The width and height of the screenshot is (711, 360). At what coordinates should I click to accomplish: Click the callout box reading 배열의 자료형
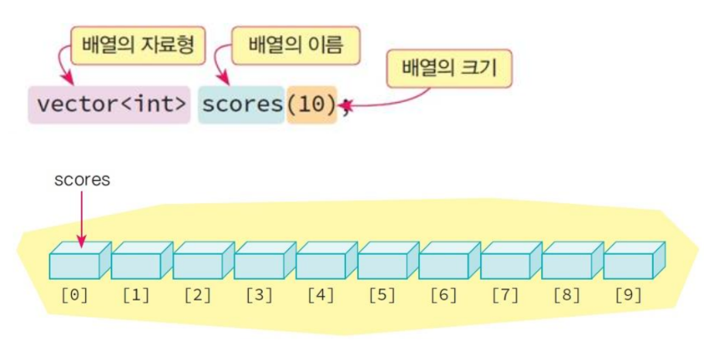pyautogui.click(x=138, y=46)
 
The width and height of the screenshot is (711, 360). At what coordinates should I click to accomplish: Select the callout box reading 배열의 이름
pyautogui.click(x=296, y=46)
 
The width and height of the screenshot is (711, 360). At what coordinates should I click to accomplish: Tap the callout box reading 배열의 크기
pyautogui.click(x=449, y=69)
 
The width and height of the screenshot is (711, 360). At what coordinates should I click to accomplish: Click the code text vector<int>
pyautogui.click(x=111, y=105)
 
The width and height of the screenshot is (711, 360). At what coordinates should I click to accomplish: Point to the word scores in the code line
pyautogui.click(x=242, y=105)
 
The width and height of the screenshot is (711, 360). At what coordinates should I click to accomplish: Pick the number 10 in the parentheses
pyautogui.click(x=311, y=105)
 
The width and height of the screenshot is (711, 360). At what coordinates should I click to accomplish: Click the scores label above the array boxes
pyautogui.click(x=82, y=179)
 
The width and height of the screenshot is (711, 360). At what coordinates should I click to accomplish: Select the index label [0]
pyautogui.click(x=74, y=296)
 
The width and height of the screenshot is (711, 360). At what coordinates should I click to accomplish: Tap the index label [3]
pyautogui.click(x=259, y=296)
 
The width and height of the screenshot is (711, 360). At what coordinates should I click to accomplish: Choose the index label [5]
pyautogui.click(x=383, y=296)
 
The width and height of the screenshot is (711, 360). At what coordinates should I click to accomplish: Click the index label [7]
pyautogui.click(x=505, y=296)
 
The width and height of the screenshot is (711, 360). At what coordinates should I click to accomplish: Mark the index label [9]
pyautogui.click(x=628, y=296)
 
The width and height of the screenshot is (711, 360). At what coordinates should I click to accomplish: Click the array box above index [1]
pyautogui.click(x=141, y=260)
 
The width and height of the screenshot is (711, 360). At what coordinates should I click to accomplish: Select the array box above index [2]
pyautogui.click(x=203, y=260)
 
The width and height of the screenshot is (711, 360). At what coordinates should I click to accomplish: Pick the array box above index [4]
pyautogui.click(x=326, y=260)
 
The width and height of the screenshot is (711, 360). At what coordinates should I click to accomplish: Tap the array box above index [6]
pyautogui.click(x=449, y=260)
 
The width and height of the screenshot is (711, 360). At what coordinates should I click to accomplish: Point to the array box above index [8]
pyautogui.click(x=572, y=260)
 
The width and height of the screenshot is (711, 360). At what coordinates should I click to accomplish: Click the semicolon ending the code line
pyautogui.click(x=345, y=107)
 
